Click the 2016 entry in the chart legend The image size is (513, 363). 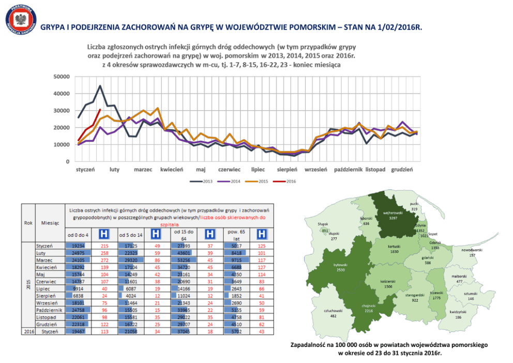[287, 181]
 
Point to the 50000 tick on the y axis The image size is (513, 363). [61, 77]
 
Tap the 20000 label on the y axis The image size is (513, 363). [61, 128]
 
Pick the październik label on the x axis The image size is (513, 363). [348, 170]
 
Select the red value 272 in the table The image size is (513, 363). [104, 260]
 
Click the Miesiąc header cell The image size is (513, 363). [50, 222]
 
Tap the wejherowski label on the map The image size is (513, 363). [393, 213]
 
